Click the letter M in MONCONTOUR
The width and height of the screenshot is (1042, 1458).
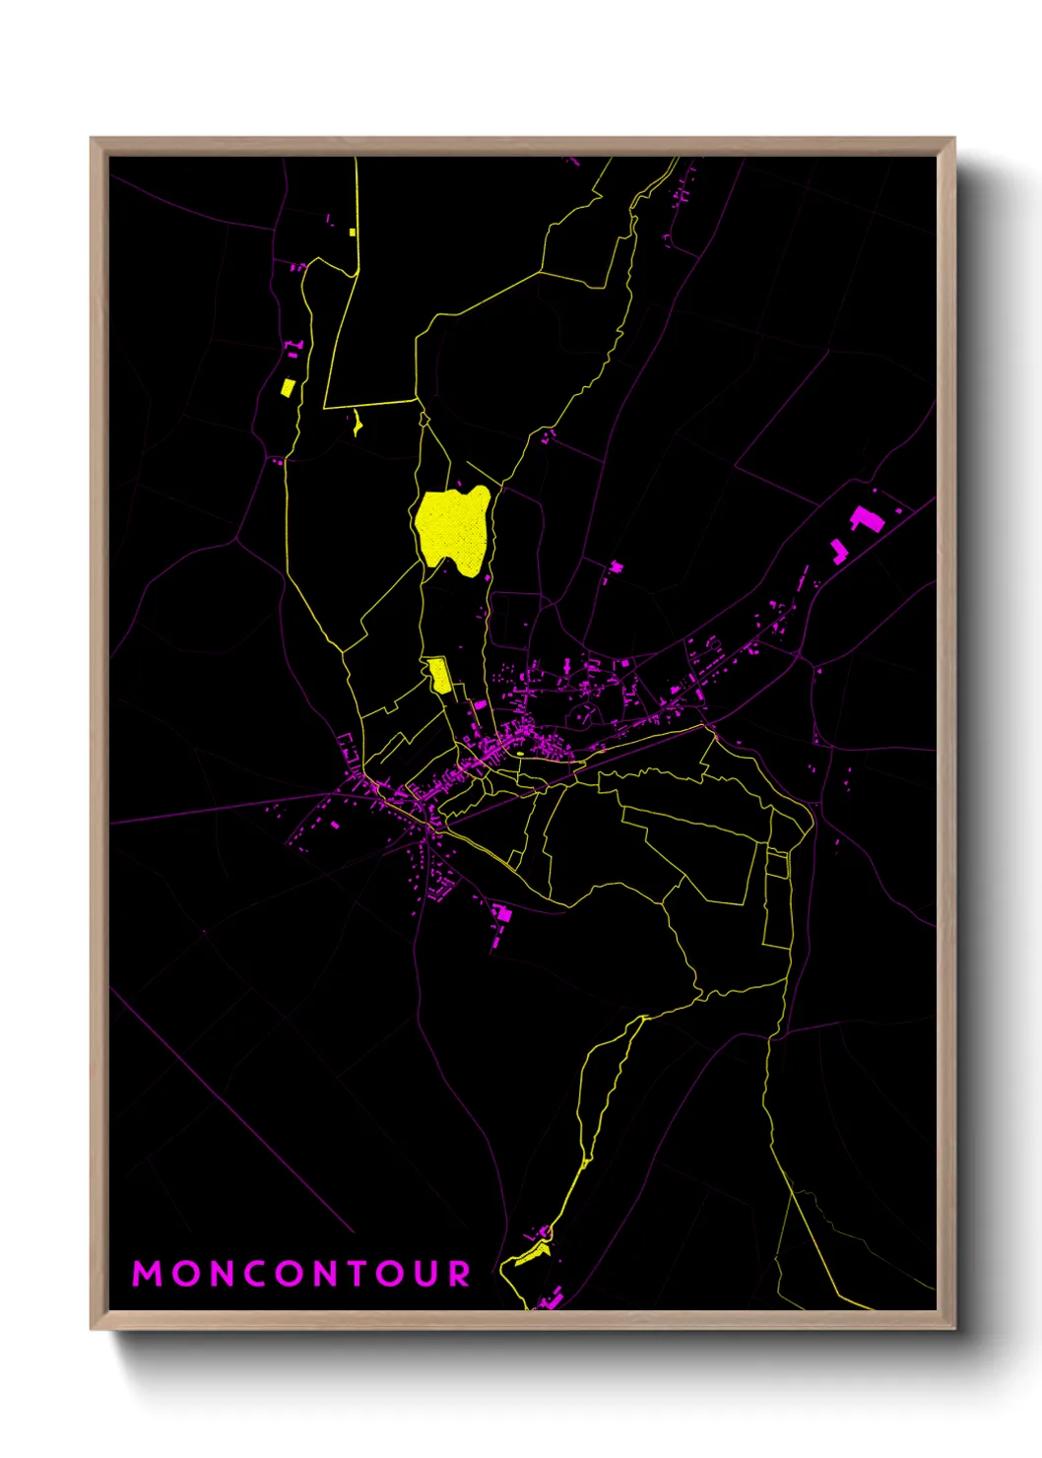(x=148, y=1274)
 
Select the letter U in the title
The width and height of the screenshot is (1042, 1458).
(x=423, y=1274)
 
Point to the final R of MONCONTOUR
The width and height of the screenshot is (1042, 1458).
(x=459, y=1274)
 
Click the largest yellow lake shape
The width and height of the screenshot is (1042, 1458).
(x=452, y=528)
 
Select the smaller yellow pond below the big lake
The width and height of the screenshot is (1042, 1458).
(x=439, y=675)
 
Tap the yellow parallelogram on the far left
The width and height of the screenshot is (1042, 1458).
(x=287, y=386)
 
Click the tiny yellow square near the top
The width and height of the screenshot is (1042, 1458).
(x=353, y=232)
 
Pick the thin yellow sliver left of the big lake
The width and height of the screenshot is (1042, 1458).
(x=357, y=425)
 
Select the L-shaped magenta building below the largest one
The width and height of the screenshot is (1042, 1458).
(x=839, y=551)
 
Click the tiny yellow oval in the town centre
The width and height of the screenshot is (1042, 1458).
(x=519, y=754)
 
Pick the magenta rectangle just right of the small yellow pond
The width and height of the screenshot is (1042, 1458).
(x=481, y=705)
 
